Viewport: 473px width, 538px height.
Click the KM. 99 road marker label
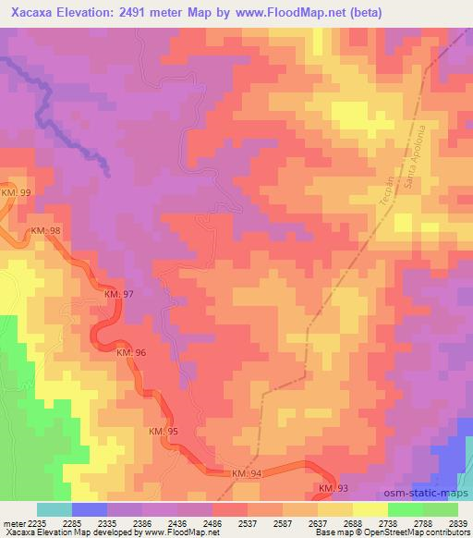coord(16,191)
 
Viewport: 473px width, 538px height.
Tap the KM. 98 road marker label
coord(43,229)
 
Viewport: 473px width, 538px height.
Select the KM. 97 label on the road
coord(118,294)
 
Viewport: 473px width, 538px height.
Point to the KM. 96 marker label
coord(130,353)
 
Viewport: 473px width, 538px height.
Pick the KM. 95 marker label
coord(163,432)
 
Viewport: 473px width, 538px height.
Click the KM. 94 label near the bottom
coord(246,473)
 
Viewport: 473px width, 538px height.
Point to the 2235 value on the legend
coord(36,523)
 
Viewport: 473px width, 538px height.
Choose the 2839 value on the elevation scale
coord(458,523)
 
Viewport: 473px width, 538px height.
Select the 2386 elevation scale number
coord(142,523)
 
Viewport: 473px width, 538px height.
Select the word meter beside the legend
coord(13,523)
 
